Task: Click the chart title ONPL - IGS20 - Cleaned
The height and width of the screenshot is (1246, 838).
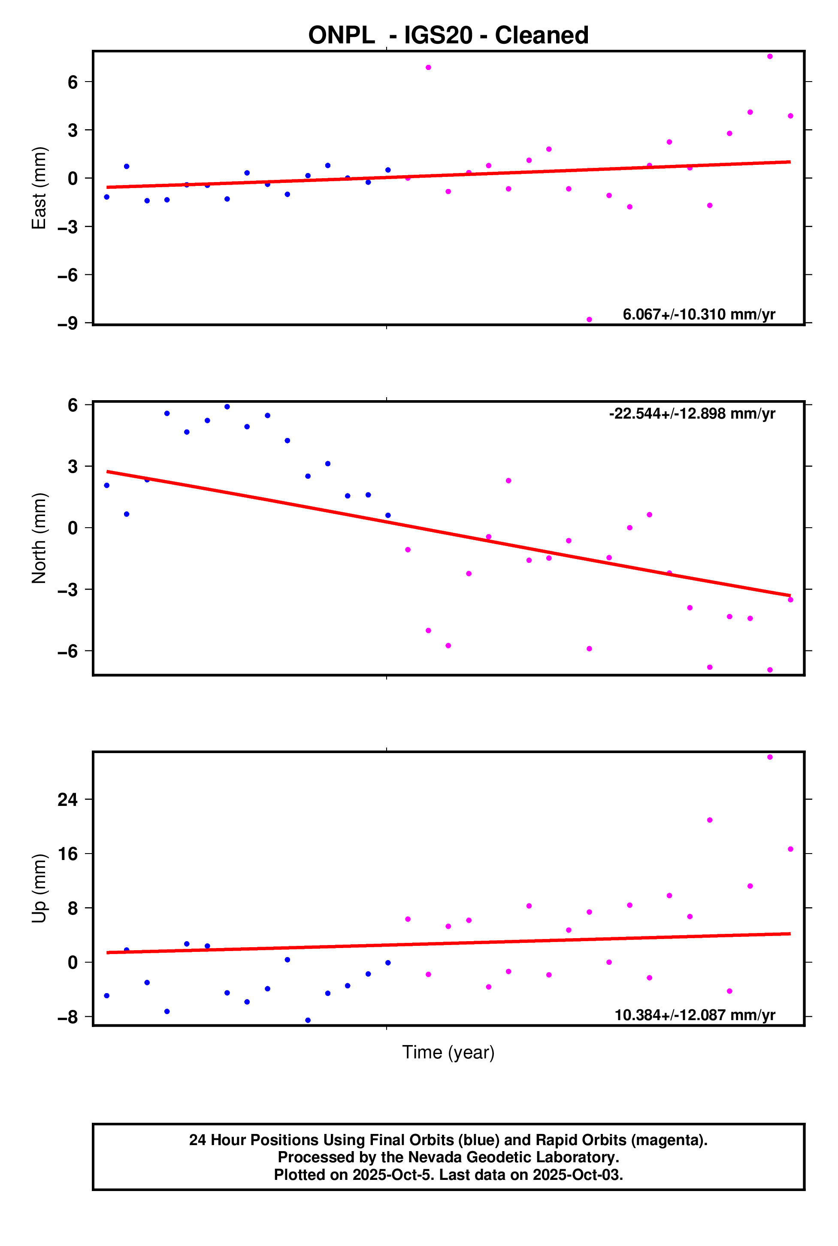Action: [x=448, y=35]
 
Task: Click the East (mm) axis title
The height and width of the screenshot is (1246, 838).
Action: [x=39, y=188]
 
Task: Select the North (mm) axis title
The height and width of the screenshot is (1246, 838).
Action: [x=39, y=538]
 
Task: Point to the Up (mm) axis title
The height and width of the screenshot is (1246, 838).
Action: [x=39, y=888]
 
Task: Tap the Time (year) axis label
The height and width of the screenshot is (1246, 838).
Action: [x=448, y=1052]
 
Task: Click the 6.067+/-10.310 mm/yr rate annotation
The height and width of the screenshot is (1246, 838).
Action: [x=699, y=314]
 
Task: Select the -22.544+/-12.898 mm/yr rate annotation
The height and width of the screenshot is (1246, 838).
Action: [x=692, y=413]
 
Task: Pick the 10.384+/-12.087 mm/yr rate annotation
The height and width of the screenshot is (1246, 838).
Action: [x=694, y=1015]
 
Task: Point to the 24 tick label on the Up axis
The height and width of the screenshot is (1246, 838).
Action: [x=68, y=799]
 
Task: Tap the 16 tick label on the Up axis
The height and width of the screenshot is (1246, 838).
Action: [x=68, y=854]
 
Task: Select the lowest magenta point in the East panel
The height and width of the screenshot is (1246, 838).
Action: [x=589, y=320]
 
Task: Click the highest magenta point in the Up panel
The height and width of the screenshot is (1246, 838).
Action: [x=770, y=757]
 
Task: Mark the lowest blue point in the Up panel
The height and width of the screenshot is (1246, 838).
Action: [x=308, y=1020]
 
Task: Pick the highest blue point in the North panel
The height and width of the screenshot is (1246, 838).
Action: [x=227, y=407]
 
